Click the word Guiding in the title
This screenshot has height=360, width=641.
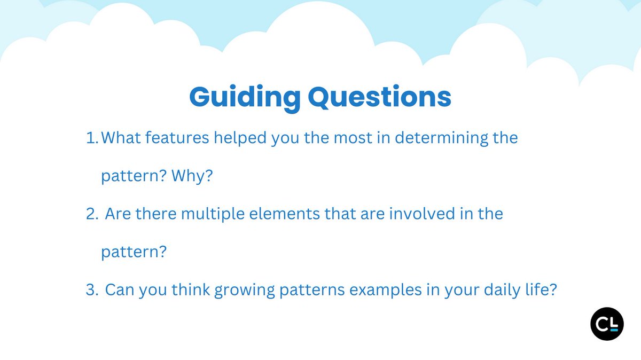click(245, 98)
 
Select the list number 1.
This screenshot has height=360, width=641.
click(92, 138)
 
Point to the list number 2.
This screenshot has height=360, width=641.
click(92, 214)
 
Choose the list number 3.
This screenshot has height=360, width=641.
click(92, 290)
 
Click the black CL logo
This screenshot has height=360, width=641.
click(607, 324)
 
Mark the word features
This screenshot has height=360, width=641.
click(177, 138)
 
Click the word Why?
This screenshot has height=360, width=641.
click(192, 176)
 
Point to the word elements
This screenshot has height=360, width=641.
click(284, 214)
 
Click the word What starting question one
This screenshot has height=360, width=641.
click(121, 138)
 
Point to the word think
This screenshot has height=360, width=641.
click(191, 290)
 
